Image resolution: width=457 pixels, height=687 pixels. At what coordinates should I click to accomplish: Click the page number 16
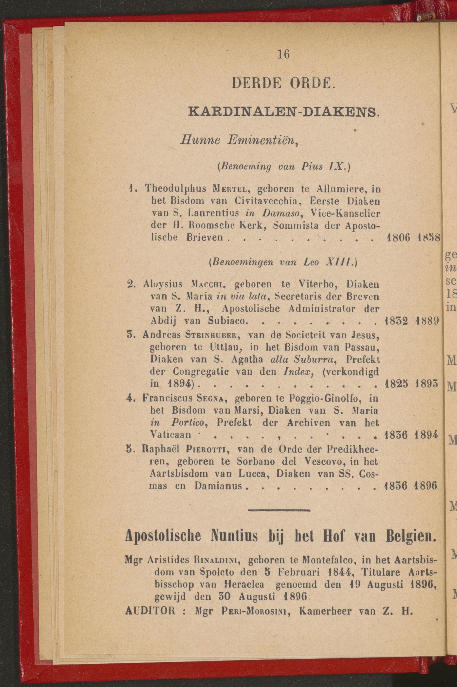[283, 55]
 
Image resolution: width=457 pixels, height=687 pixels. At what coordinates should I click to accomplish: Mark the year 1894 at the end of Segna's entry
[427, 435]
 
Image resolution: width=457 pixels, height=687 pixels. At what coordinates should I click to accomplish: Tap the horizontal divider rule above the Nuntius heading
[279, 510]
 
